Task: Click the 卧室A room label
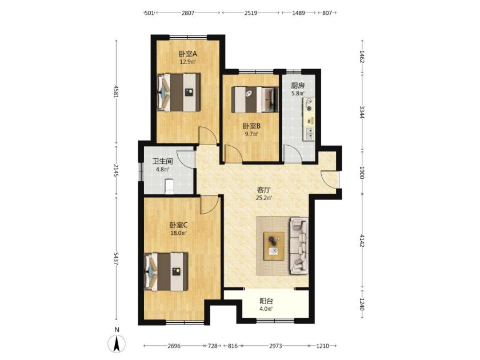tap(188, 54)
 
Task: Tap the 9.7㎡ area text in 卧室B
tap(251, 134)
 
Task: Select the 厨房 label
tap(298, 86)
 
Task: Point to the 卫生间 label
tap(162, 161)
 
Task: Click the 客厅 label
tap(264, 190)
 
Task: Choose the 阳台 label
tap(266, 301)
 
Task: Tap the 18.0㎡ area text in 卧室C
tap(179, 233)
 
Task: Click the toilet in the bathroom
tap(169, 186)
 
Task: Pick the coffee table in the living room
tap(274, 246)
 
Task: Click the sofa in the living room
tap(299, 246)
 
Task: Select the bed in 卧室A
tap(178, 92)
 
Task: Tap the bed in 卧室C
tap(166, 271)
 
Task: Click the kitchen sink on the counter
tap(309, 133)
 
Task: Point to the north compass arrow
tap(117, 343)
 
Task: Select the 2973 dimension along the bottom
tap(275, 346)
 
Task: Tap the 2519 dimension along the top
tap(251, 13)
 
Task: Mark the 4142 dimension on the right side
tap(362, 241)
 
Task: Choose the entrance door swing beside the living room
tap(329, 179)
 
